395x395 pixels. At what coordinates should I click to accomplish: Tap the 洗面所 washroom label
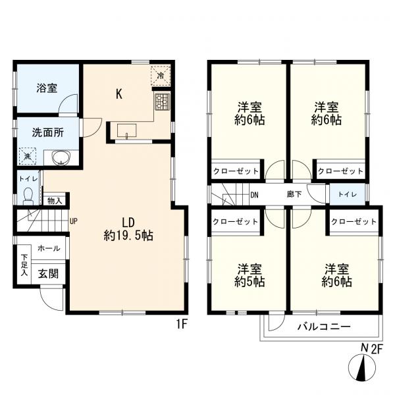point(48,132)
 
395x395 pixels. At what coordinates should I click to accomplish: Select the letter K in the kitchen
point(119,93)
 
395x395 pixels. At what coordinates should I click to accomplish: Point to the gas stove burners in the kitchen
point(161,101)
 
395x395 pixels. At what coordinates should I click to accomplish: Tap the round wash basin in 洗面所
point(61,158)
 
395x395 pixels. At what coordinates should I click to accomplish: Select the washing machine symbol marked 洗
point(28,157)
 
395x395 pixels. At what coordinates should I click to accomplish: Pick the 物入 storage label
point(55,201)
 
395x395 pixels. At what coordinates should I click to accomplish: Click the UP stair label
point(74,221)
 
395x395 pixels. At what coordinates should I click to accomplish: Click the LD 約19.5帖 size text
point(128,228)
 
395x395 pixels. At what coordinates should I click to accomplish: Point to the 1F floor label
point(182,324)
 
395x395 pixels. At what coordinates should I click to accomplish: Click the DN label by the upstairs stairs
point(254,195)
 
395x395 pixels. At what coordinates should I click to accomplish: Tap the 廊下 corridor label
point(294,195)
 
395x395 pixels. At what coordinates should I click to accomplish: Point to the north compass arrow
point(361,369)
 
